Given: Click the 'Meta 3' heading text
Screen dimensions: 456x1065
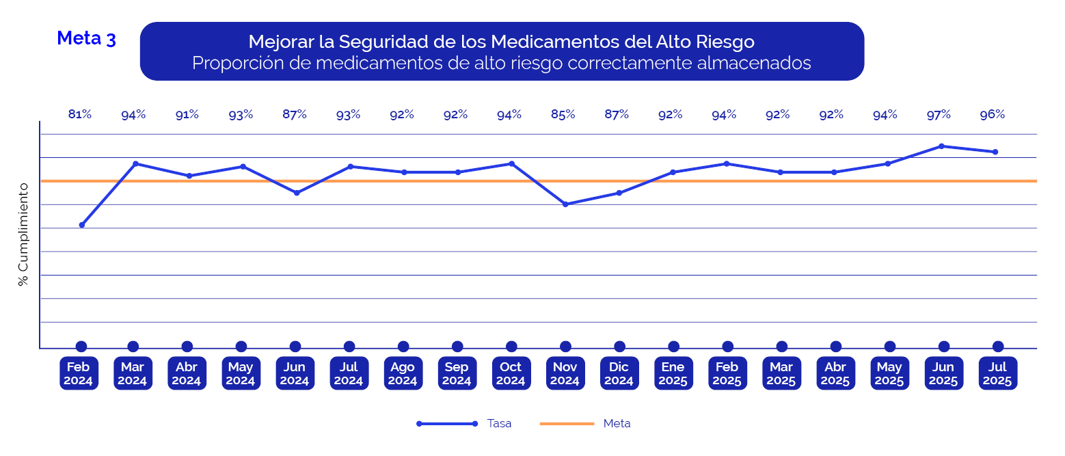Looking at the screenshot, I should pyautogui.click(x=86, y=38).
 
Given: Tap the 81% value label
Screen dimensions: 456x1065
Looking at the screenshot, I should pyautogui.click(x=80, y=115).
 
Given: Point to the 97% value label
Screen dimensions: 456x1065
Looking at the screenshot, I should pyautogui.click(x=939, y=115).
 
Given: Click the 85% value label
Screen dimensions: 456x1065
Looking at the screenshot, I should pyautogui.click(x=563, y=115).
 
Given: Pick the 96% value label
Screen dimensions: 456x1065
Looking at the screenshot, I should pyautogui.click(x=992, y=115).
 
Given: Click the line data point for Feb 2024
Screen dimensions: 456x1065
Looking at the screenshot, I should pyautogui.click(x=82, y=225).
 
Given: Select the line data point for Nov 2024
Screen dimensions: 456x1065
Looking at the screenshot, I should pyautogui.click(x=565, y=204).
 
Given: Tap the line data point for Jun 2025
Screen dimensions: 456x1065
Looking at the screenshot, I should pyautogui.click(x=941, y=146).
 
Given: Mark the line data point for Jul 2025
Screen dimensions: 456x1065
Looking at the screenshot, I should pyautogui.click(x=995, y=152).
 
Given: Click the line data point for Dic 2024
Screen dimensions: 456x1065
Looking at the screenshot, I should pyautogui.click(x=619, y=193).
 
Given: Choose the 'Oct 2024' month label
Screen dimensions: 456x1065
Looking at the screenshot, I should pyautogui.click(x=511, y=373).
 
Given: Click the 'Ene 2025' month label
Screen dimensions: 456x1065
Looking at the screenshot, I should pyautogui.click(x=673, y=373).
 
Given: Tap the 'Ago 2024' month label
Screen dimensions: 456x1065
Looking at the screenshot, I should pyautogui.click(x=403, y=373).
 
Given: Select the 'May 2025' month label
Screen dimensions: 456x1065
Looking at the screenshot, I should pyautogui.click(x=889, y=373).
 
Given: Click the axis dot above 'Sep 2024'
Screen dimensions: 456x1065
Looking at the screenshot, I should pyautogui.click(x=457, y=347).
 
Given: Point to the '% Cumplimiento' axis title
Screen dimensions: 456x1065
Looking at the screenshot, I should pyautogui.click(x=24, y=234).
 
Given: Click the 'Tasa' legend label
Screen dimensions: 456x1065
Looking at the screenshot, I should pyautogui.click(x=499, y=424).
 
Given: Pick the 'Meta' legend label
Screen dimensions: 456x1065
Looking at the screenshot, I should pyautogui.click(x=617, y=424).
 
